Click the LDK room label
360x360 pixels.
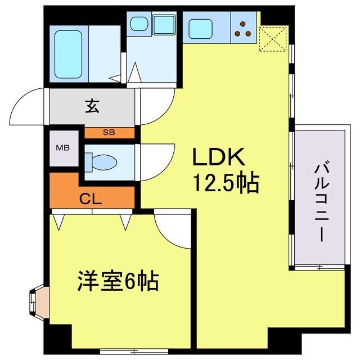coord(219,157)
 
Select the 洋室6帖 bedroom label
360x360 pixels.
coord(118,281)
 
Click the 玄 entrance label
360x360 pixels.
coord(92,106)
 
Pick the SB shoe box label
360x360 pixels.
coord(109,132)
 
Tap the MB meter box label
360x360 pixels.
coord(63,148)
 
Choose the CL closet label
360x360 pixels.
coord(90,199)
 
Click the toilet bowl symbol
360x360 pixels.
coord(101,163)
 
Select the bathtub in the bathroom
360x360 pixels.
coord(69,54)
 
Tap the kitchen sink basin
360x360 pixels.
coord(200,29)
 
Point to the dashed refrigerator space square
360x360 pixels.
coord(273,39)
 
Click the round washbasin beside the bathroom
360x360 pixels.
coord(139,23)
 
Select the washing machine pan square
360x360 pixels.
coord(164,25)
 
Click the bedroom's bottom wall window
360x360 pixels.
coord(134,350)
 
